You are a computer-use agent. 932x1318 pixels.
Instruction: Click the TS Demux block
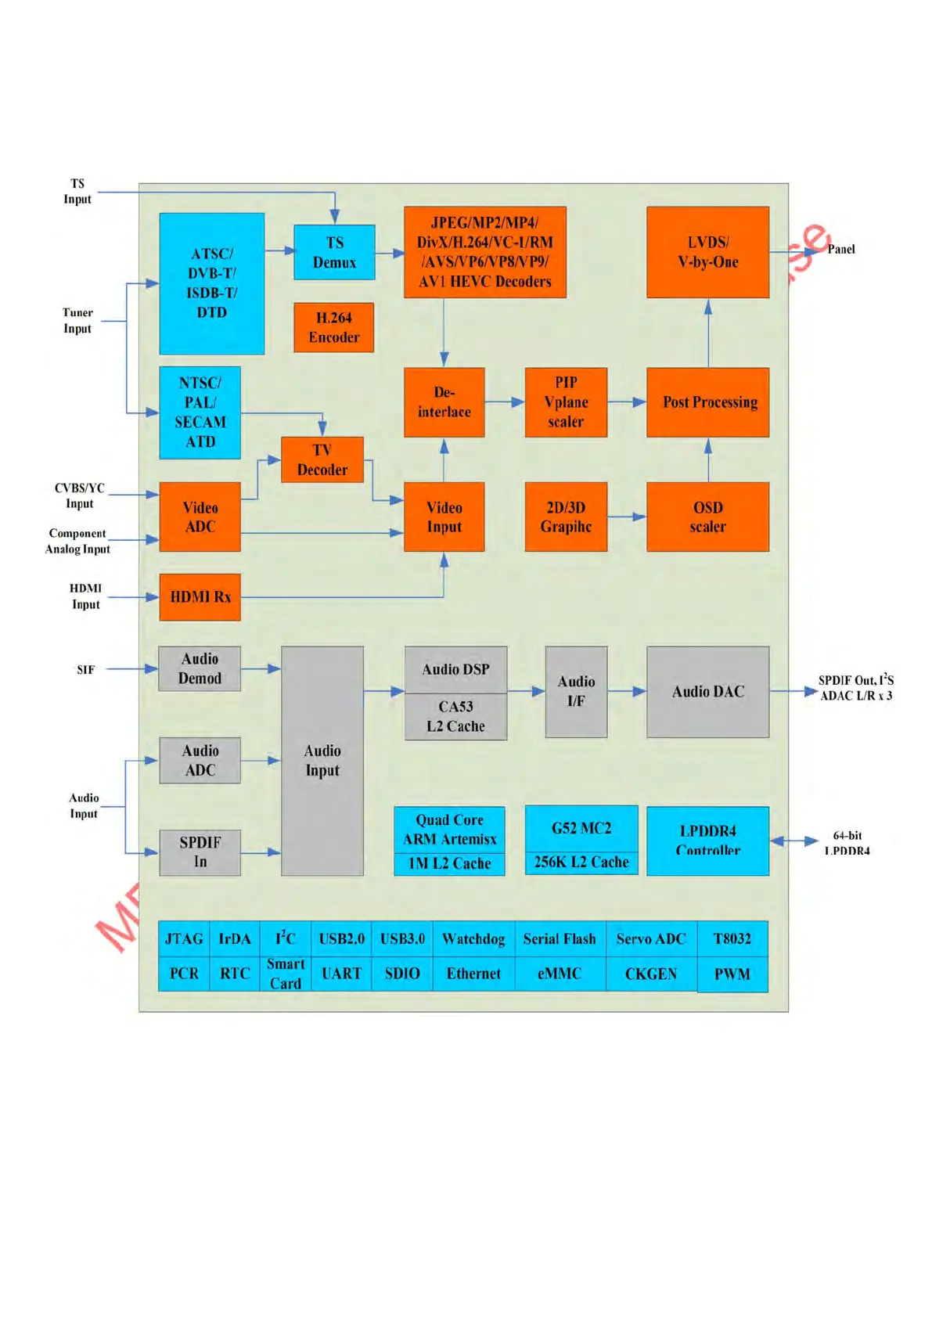coord(334,252)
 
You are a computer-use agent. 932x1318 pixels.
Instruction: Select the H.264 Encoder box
coord(334,327)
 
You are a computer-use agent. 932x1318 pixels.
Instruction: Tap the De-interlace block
coord(444,402)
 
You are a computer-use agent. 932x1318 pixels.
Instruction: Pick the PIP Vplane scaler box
coord(566,402)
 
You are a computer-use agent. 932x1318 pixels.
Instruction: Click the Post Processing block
coord(707,402)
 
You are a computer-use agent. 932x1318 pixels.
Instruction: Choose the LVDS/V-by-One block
coord(707,252)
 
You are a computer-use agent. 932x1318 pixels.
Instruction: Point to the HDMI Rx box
coord(200,596)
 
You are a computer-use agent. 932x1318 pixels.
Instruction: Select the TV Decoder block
coord(322,459)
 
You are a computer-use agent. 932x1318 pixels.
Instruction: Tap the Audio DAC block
coord(707,691)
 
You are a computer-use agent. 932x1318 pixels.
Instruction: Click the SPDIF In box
coord(200,852)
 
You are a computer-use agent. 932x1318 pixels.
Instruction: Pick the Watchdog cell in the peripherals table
coord(473,938)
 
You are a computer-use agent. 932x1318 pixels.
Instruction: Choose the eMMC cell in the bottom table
coord(560,974)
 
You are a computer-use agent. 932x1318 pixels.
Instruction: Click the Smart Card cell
coord(285,974)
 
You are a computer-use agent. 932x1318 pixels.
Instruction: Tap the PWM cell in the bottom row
coord(732,974)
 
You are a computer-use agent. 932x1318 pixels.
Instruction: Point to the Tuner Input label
coord(77,320)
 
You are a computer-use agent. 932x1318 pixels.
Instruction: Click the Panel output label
coord(841,249)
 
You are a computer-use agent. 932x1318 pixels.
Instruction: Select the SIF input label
coord(85,670)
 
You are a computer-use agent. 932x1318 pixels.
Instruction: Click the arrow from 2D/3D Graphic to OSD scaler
coord(627,517)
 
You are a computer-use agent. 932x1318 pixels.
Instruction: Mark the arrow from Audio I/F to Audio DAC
coord(627,691)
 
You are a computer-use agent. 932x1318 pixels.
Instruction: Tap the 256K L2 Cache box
coord(581,862)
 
